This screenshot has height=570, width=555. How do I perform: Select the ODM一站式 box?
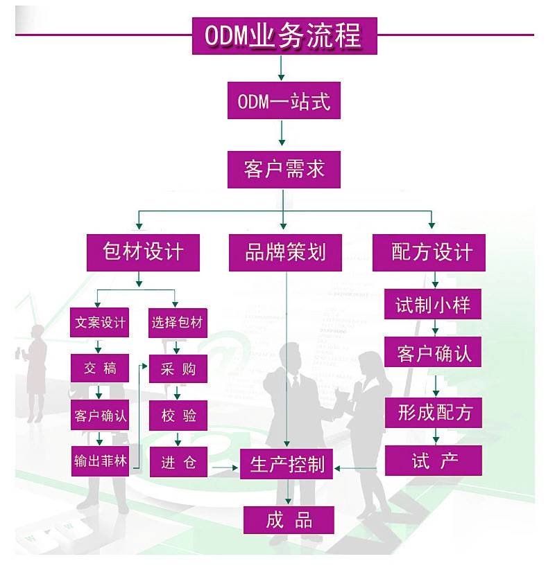pos(284,102)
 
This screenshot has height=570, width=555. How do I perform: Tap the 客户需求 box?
pos(284,169)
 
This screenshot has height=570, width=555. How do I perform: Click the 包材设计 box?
pos(143,252)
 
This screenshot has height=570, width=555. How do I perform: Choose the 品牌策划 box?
pos(285,252)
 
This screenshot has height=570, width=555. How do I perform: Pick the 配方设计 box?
pos(429,252)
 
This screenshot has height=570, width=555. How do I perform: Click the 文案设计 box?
pos(101,323)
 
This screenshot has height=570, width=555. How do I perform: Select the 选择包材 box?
pos(178,323)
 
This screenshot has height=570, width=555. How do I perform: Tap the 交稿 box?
pos(101,369)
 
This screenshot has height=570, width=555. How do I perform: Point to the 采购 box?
pos(178,369)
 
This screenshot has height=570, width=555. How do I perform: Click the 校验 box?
pos(178,416)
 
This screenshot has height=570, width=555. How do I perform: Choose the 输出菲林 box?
pos(101,461)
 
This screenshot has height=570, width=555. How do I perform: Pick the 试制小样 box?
pos(433,305)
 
